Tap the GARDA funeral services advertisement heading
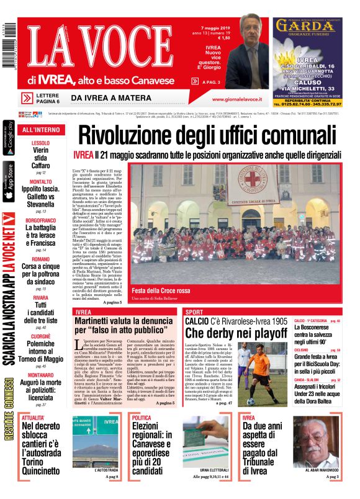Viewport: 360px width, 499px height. pyautogui.click(x=306, y=25)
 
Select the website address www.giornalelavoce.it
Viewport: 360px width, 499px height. pyautogui.click(x=236, y=99)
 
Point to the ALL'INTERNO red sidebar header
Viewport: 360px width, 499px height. pyautogui.click(x=41, y=130)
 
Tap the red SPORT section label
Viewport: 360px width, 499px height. pyautogui.click(x=194, y=312)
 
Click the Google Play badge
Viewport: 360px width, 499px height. pyautogui.click(x=8, y=139)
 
